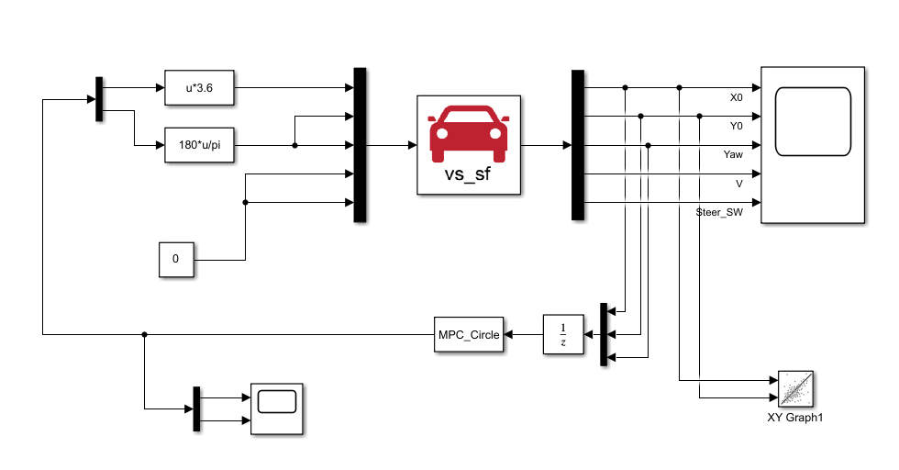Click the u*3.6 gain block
click(x=199, y=88)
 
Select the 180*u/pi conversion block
click(x=199, y=145)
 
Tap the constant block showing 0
click(x=175, y=260)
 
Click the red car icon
click(x=470, y=131)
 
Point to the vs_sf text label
click(x=469, y=174)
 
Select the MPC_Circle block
click(x=468, y=335)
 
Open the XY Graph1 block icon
click(x=795, y=388)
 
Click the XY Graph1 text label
click(x=795, y=418)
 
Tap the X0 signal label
click(x=736, y=97)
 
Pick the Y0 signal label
click(x=736, y=126)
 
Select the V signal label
click(x=739, y=184)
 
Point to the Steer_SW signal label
click(x=719, y=212)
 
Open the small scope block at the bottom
click(x=277, y=408)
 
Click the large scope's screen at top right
click(x=812, y=121)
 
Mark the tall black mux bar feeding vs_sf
click(x=361, y=145)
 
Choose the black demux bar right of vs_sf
click(x=577, y=145)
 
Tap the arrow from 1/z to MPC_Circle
click(x=524, y=335)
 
